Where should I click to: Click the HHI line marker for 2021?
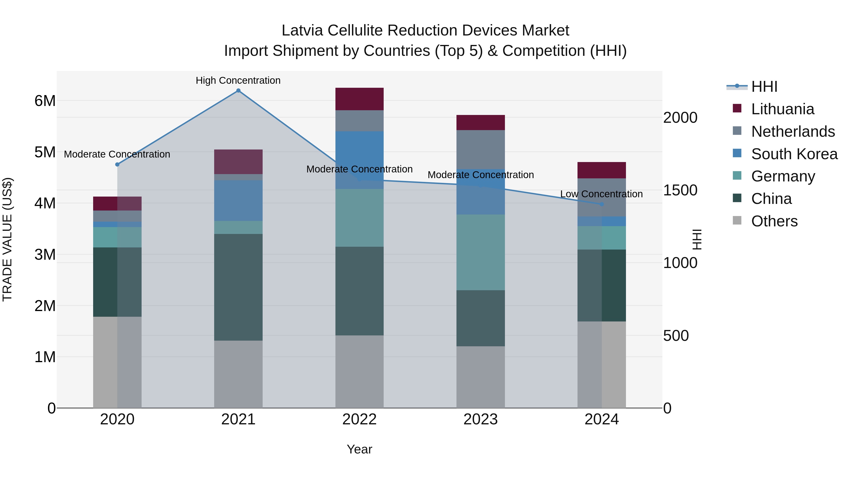(x=238, y=91)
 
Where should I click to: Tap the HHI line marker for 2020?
(x=117, y=164)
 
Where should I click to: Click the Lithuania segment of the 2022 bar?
(x=359, y=99)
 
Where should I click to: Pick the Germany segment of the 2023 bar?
(x=481, y=252)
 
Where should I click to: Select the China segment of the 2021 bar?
(x=238, y=287)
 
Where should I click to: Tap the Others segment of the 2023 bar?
(x=481, y=377)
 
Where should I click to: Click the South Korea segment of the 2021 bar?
(x=238, y=200)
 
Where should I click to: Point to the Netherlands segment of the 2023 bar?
(x=481, y=149)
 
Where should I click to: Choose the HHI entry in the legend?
(x=764, y=87)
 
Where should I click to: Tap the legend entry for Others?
(x=774, y=221)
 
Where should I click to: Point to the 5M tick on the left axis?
(x=45, y=152)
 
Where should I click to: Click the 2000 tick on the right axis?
(x=680, y=118)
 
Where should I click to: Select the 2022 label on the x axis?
(x=359, y=419)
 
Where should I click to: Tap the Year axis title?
(x=359, y=449)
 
